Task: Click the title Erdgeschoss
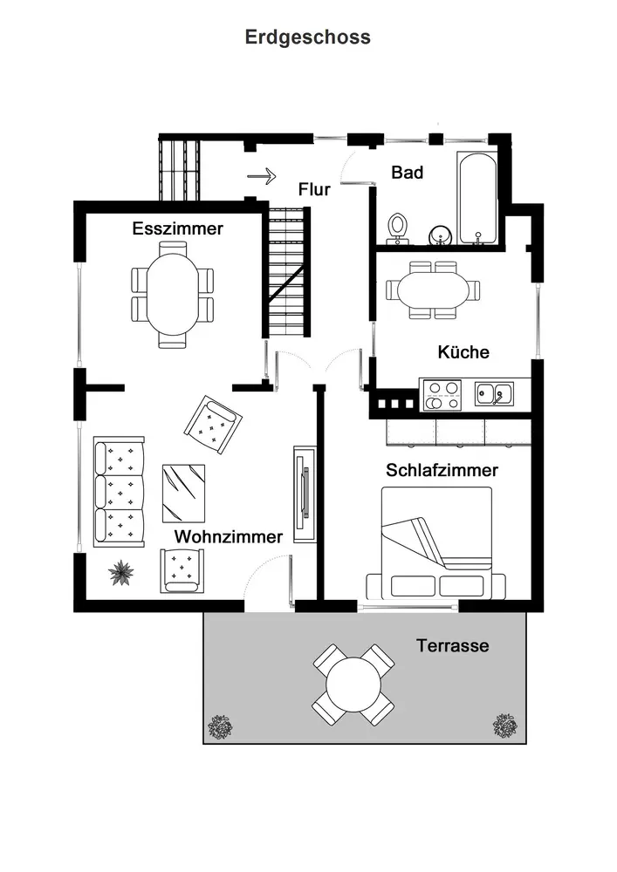(307, 37)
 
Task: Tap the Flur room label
(314, 189)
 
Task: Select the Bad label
(407, 173)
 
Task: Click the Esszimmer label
(178, 228)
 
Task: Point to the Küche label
(463, 352)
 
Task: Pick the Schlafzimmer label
(442, 470)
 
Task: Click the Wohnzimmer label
(229, 536)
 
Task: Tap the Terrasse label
(452, 646)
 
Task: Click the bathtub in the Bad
(477, 198)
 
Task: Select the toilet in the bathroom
(399, 225)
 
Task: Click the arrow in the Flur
(261, 176)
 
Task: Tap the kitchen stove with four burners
(442, 395)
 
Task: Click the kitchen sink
(494, 394)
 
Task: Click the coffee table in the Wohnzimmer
(183, 492)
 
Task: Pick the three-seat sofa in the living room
(119, 492)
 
